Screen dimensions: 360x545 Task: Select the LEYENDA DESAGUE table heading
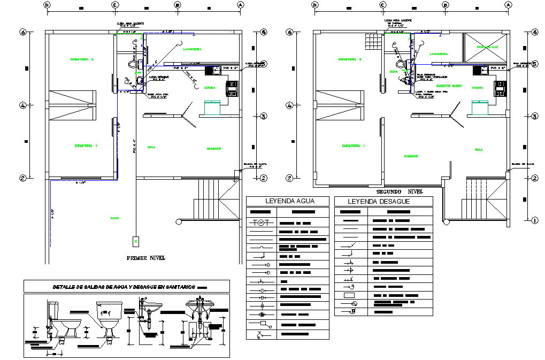click(379, 202)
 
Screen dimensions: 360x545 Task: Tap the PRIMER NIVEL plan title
click(146, 258)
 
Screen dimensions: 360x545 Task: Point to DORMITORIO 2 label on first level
click(82, 59)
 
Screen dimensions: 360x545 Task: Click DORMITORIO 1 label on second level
click(353, 145)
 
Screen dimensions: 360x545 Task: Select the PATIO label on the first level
click(114, 218)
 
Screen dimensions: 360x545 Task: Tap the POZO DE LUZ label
click(487, 48)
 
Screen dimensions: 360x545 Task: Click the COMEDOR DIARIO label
click(449, 86)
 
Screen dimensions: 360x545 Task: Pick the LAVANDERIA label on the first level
click(191, 49)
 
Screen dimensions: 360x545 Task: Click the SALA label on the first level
click(151, 147)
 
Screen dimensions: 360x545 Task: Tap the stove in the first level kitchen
click(233, 88)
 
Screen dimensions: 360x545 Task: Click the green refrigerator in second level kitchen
click(479, 107)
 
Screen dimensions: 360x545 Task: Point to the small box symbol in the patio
click(136, 241)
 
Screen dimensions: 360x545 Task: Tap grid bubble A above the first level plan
click(240, 5)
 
